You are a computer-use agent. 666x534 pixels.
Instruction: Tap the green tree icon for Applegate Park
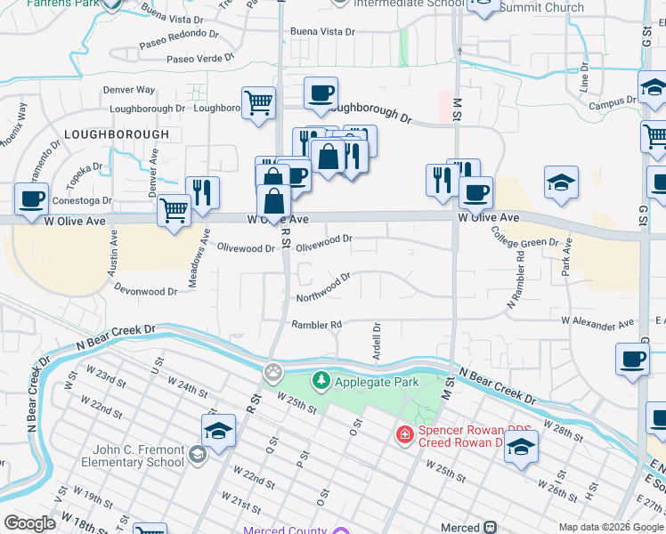pos(321,381)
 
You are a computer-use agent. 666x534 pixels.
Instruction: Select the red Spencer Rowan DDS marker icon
pos(404,435)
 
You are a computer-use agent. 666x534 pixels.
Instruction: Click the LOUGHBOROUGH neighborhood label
pos(116,133)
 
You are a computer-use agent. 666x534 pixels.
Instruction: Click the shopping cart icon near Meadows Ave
pos(174,211)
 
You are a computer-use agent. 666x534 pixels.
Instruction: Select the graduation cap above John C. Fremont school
pos(218,430)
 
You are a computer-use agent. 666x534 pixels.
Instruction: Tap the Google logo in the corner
pos(29,523)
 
